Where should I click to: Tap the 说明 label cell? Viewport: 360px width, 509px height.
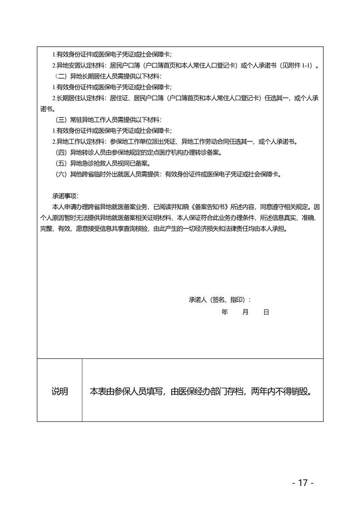(59, 391)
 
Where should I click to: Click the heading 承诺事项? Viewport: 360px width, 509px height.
(65, 196)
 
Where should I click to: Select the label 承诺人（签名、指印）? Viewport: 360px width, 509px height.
(220, 300)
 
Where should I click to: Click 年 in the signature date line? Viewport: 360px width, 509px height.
(224, 313)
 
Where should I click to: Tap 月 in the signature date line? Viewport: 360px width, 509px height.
(245, 313)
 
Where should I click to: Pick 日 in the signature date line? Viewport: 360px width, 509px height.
(266, 313)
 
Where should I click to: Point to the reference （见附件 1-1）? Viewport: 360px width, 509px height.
(296, 65)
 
